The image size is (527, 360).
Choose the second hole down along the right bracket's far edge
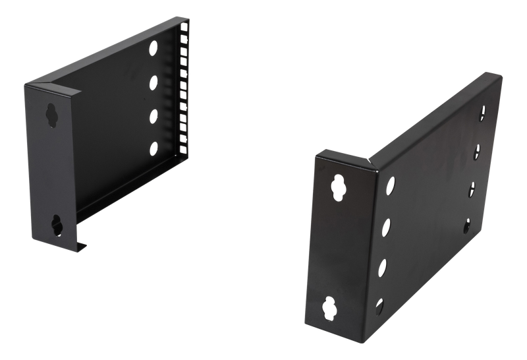coord(477,152)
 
